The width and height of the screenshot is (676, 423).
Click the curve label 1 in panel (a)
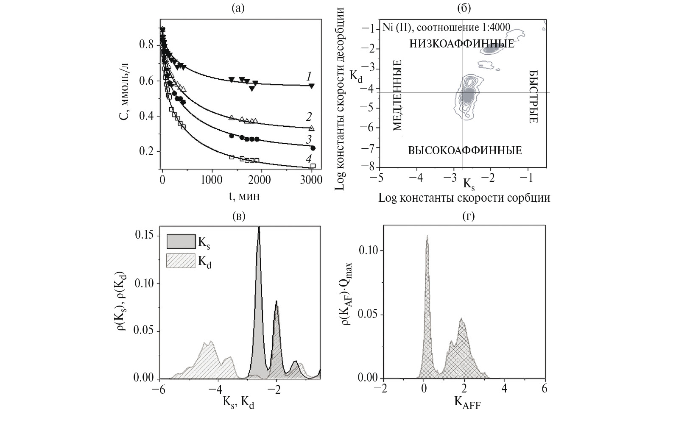click(x=309, y=76)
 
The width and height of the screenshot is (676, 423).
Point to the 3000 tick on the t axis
click(x=311, y=180)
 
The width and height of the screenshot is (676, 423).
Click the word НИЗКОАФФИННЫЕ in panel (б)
click(x=461, y=44)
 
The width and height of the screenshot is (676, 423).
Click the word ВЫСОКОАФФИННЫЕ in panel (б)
click(x=465, y=151)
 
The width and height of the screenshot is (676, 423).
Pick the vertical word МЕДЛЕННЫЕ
click(x=397, y=95)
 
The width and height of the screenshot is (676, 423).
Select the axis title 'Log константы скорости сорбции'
click(x=464, y=198)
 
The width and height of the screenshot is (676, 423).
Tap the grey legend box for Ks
click(x=180, y=242)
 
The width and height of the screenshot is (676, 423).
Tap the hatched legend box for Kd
click(x=180, y=261)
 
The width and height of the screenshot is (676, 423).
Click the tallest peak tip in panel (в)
click(x=259, y=228)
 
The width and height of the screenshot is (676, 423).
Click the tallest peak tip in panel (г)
click(x=427, y=237)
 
